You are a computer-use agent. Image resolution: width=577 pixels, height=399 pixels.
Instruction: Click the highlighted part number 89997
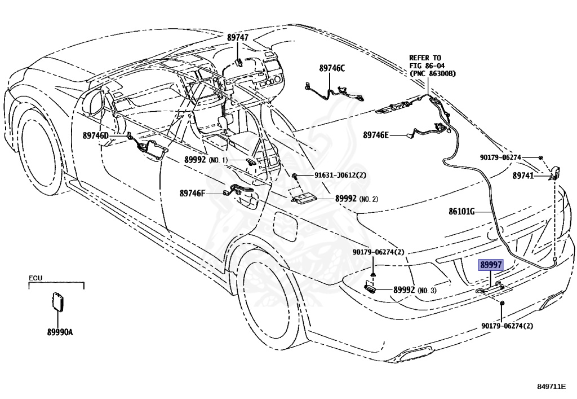(491, 265)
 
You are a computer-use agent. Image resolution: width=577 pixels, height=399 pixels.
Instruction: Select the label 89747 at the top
(237, 37)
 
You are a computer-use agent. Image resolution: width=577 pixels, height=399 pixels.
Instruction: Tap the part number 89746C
(332, 68)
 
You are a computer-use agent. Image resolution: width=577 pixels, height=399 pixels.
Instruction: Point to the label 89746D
(96, 135)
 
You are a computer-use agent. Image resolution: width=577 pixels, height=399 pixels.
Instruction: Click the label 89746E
(376, 135)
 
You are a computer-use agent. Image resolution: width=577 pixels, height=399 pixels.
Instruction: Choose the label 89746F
(192, 193)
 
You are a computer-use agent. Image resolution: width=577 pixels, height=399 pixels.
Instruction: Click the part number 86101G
(461, 212)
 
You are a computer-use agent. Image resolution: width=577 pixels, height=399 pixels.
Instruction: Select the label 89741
(523, 176)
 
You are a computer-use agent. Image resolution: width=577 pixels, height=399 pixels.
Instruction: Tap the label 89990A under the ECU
(60, 332)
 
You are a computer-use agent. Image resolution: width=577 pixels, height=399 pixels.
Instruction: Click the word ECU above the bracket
(35, 278)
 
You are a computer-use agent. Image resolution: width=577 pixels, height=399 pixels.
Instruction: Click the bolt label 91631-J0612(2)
(340, 176)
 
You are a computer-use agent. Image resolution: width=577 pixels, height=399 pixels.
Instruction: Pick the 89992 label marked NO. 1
(206, 160)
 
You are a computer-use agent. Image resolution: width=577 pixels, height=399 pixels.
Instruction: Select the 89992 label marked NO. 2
(356, 199)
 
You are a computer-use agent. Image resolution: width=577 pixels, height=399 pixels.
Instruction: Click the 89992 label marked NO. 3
(415, 290)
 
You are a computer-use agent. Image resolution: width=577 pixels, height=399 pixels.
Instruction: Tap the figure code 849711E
(551, 387)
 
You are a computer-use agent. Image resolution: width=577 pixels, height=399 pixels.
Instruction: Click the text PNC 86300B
(433, 73)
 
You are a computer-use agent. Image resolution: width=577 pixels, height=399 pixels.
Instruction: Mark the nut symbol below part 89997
(501, 303)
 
